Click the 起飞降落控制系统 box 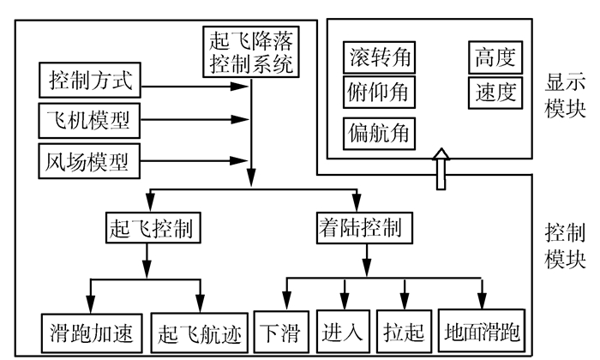click(x=251, y=51)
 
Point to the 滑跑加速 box click(x=90, y=331)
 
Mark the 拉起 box click(x=405, y=331)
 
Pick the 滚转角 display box click(x=379, y=58)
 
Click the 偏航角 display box click(x=379, y=133)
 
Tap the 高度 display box click(x=495, y=58)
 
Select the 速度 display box click(x=495, y=92)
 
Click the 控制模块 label click(x=566, y=244)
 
